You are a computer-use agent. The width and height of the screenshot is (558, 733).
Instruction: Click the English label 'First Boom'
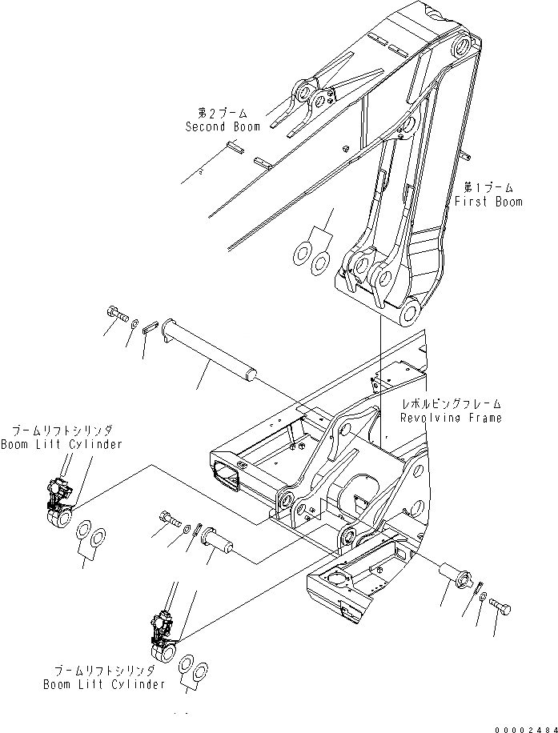pyautogui.click(x=488, y=202)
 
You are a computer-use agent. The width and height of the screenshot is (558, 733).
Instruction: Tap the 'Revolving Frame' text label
pyautogui.click(x=452, y=418)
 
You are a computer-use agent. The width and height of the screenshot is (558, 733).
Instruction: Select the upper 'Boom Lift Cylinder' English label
pyautogui.click(x=62, y=444)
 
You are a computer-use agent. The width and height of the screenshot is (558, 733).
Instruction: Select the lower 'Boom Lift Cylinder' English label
pyautogui.click(x=105, y=684)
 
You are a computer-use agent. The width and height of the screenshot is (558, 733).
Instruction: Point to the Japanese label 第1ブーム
pyautogui.click(x=488, y=187)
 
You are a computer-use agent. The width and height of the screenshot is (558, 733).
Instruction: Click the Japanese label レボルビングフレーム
pyautogui.click(x=452, y=404)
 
